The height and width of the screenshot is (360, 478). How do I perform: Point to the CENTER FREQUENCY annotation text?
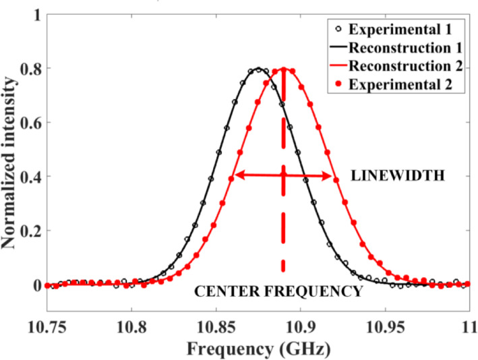tap(278, 292)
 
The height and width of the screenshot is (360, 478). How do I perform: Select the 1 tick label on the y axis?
tap(31, 15)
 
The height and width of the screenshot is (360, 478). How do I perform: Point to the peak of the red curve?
tap(284, 69)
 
